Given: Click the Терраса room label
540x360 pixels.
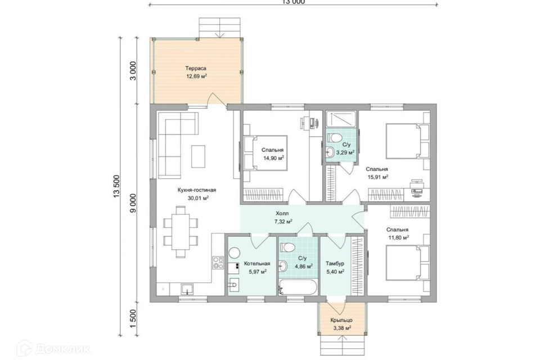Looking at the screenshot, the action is (196, 68).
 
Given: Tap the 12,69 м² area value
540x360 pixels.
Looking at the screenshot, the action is (197, 76).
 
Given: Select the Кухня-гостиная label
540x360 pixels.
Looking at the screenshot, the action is (197, 190).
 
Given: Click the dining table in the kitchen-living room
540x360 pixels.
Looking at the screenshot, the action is (181, 232).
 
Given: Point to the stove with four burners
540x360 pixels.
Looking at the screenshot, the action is (218, 263).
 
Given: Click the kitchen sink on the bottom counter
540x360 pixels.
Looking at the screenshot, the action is (187, 289).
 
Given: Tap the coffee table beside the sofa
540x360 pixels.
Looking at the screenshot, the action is (198, 156).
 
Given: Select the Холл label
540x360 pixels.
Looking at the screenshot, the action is (282, 214).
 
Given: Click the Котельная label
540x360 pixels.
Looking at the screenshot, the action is (257, 264).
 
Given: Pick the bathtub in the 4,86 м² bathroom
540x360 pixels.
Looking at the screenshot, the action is (298, 287).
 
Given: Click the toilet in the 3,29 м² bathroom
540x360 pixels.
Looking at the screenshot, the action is (334, 138).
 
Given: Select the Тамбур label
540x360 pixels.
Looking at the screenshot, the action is (335, 264).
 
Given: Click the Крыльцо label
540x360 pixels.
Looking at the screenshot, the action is (341, 320).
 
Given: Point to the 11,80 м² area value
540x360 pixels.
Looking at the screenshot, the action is (398, 237).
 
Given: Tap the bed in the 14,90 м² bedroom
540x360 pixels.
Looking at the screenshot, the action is (265, 153).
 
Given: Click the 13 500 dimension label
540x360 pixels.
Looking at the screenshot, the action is (117, 186).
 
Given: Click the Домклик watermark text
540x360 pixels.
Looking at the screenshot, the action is (62, 349).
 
